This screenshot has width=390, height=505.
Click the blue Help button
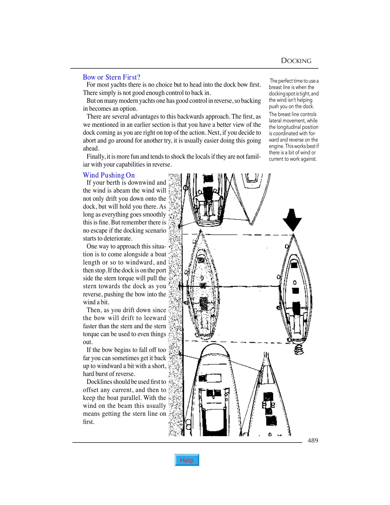(187, 460)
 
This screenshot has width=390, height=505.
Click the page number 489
(313, 440)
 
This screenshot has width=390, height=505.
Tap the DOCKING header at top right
(296, 61)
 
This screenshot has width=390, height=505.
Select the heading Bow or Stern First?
(112, 77)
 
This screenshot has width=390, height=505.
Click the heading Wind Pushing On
(109, 175)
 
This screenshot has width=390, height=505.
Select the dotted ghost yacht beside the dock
(202, 286)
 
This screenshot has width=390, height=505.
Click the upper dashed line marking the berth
(237, 234)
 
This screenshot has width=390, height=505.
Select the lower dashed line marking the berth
(237, 342)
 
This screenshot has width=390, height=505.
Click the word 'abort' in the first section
(90, 141)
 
